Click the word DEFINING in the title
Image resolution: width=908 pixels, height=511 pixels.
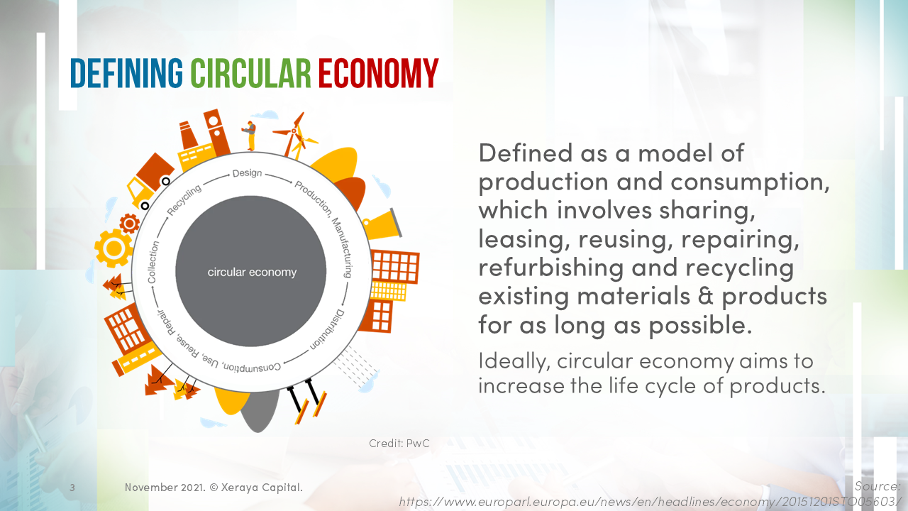click(x=126, y=72)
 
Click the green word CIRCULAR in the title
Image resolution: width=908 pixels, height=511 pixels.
click(x=250, y=72)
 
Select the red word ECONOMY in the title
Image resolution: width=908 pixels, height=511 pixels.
click(x=377, y=72)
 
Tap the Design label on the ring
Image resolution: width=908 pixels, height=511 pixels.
click(x=247, y=173)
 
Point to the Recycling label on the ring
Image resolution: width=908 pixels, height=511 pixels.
click(x=184, y=198)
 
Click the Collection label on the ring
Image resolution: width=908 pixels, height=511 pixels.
click(x=153, y=262)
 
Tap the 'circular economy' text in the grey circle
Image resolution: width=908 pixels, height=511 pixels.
click(x=252, y=273)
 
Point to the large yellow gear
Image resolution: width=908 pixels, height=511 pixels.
click(x=113, y=248)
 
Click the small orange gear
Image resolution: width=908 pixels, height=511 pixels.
click(x=129, y=224)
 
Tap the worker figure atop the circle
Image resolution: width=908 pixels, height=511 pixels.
click(x=250, y=135)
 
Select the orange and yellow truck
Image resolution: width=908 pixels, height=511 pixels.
click(x=150, y=180)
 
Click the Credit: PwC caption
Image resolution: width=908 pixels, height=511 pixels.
click(x=399, y=444)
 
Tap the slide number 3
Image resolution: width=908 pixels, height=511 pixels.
click(x=72, y=488)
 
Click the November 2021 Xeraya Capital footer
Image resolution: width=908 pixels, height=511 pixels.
click(x=214, y=488)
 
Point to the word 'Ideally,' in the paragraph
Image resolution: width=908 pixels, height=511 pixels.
click(x=514, y=361)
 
